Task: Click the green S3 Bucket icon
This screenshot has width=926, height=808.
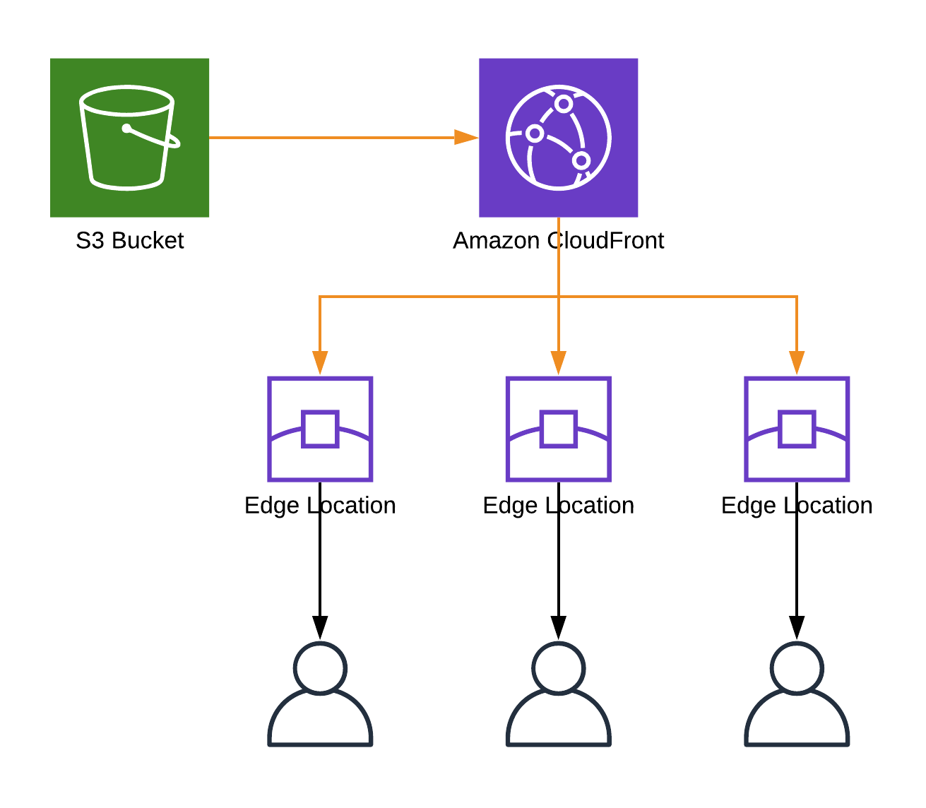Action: (129, 138)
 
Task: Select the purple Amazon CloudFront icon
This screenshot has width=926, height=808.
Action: (558, 138)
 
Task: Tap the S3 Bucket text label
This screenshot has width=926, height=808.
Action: (129, 241)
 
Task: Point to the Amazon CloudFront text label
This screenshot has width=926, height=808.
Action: (558, 241)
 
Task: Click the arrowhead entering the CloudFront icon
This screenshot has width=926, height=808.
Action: (466, 138)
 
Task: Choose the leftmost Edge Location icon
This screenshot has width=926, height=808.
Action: (320, 429)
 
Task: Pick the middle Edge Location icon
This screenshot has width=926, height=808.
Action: (558, 429)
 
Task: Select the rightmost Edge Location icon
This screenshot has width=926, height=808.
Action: (797, 429)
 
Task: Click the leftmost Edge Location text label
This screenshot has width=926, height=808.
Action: (320, 506)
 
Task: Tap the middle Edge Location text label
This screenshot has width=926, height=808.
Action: (558, 506)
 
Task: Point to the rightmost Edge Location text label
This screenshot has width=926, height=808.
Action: (797, 506)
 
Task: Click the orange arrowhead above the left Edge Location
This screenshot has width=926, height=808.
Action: (320, 363)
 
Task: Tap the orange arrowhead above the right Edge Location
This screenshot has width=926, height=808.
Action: (797, 363)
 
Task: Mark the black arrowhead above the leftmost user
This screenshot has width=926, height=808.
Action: (320, 628)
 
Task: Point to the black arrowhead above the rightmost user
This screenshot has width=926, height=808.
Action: (797, 628)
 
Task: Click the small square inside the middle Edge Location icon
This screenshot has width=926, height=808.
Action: (558, 429)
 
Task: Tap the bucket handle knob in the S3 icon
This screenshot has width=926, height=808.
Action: (126, 129)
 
